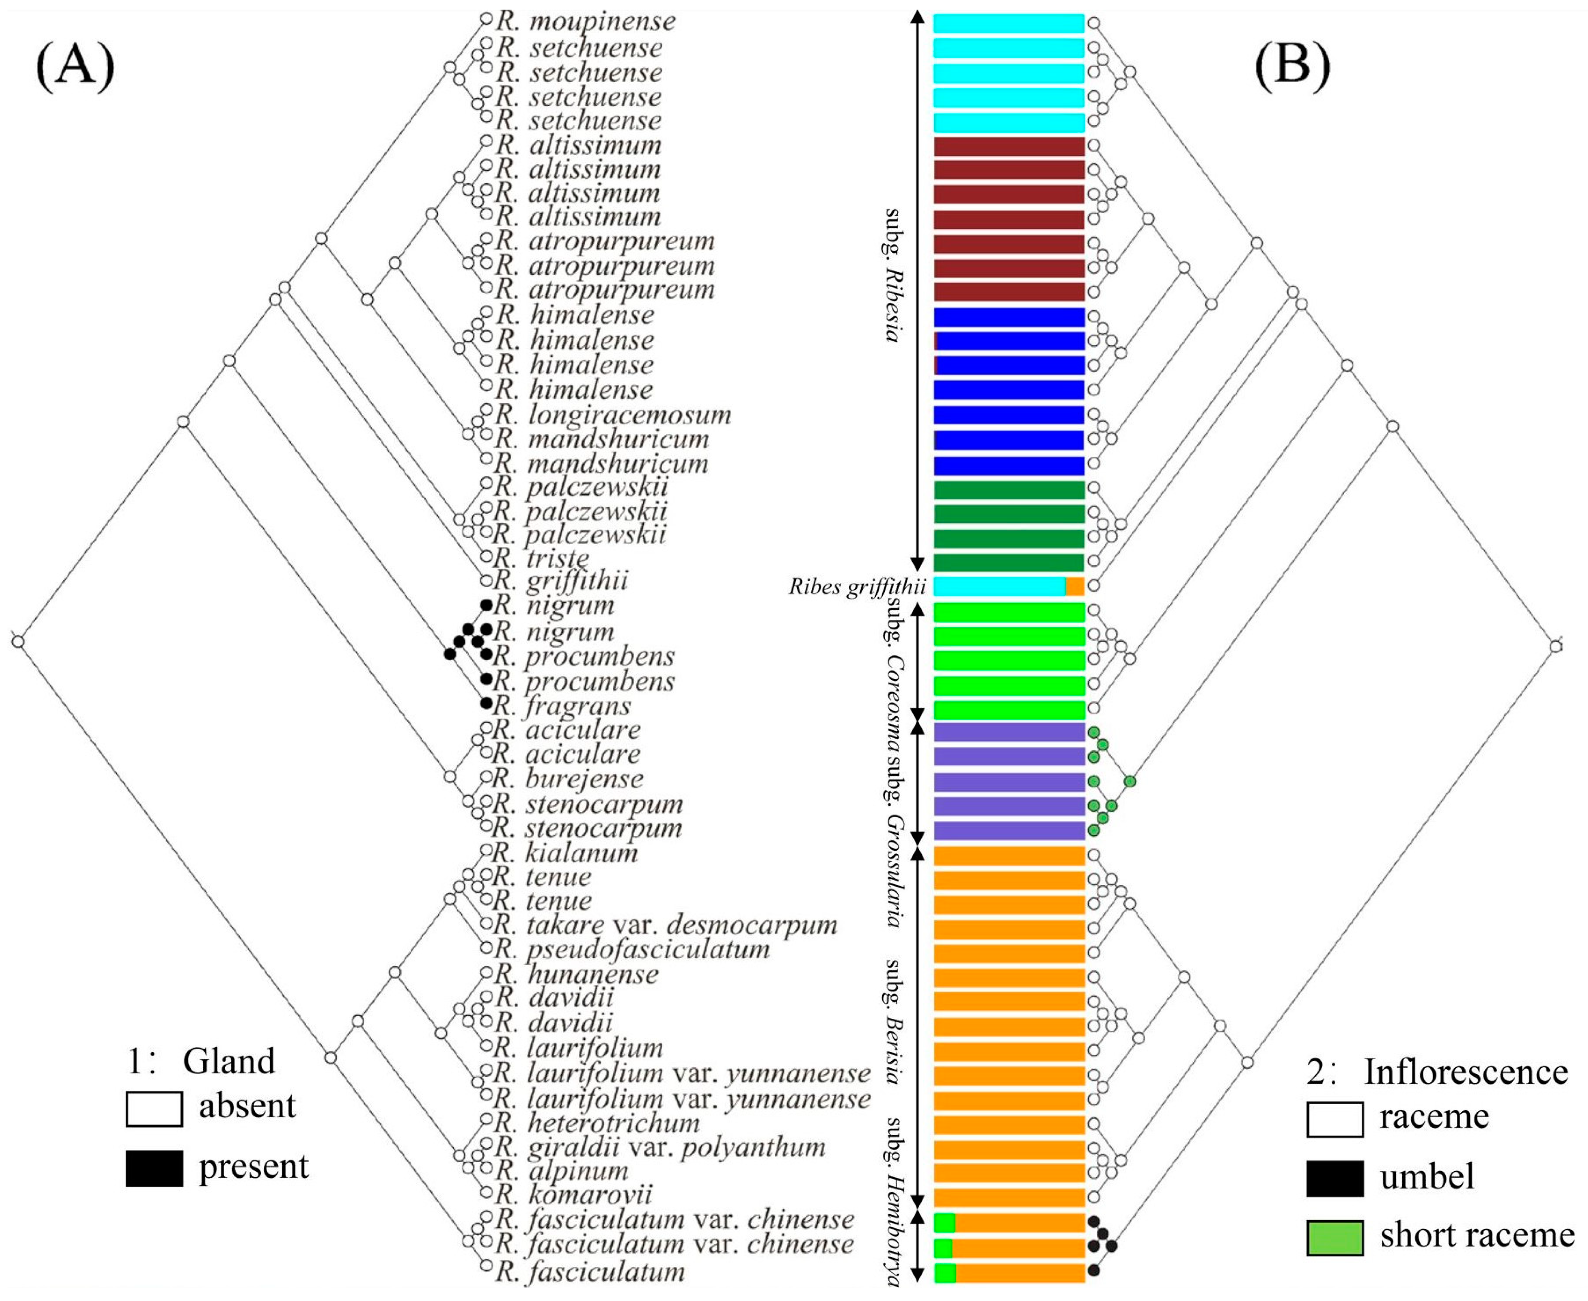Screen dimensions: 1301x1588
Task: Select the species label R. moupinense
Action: click(x=586, y=22)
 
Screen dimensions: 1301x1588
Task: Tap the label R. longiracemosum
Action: click(x=613, y=414)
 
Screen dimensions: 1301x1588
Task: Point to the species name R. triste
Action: click(x=543, y=558)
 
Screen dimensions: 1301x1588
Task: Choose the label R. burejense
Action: click(x=569, y=779)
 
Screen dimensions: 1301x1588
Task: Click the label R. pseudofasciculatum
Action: click(x=632, y=950)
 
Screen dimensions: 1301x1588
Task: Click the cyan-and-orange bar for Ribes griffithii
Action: click(x=1008, y=586)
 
